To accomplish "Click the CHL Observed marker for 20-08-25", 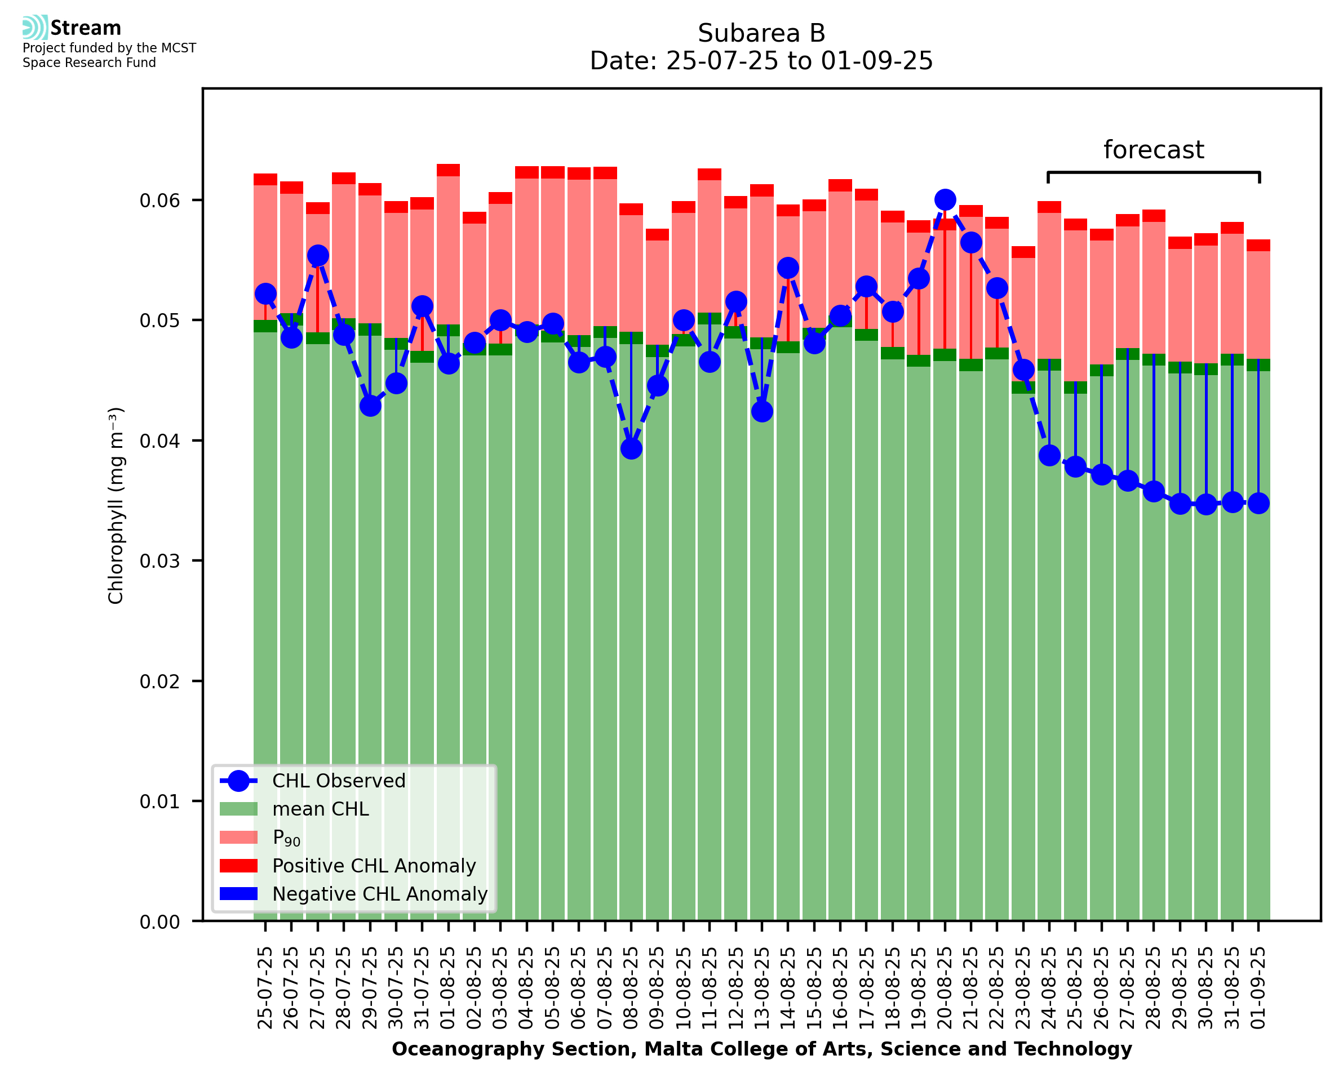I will [x=945, y=200].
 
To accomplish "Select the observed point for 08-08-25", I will [x=631, y=449].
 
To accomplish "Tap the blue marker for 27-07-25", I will [x=318, y=256].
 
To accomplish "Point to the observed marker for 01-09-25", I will [x=1258, y=503].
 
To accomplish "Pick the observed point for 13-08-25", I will [x=762, y=411].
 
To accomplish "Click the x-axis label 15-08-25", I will [x=814, y=988].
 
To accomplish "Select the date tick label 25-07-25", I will [x=265, y=988].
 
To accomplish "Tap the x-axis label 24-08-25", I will [x=1049, y=988].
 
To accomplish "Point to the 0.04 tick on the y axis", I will [x=159, y=441].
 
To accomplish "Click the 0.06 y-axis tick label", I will [x=159, y=201].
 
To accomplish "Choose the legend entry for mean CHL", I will [x=321, y=809].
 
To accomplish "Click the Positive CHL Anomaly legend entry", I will [x=374, y=866].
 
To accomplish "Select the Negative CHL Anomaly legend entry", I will [x=380, y=894].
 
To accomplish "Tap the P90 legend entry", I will [x=286, y=838].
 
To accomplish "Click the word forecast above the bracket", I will [x=1154, y=150].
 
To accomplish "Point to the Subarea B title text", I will [x=761, y=33].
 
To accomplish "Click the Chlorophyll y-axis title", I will [x=116, y=505].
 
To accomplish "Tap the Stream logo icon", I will [x=36, y=28].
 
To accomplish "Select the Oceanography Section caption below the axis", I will [x=761, y=1049].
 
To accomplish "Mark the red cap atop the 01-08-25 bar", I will [x=448, y=170].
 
